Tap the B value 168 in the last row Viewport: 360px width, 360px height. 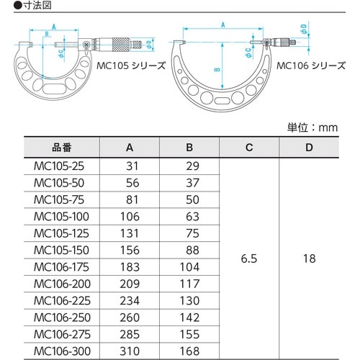point(189,351)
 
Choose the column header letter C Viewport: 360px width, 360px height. point(248,148)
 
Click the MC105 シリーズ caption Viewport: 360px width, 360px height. point(132,65)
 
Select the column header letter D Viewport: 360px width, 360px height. point(308,148)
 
